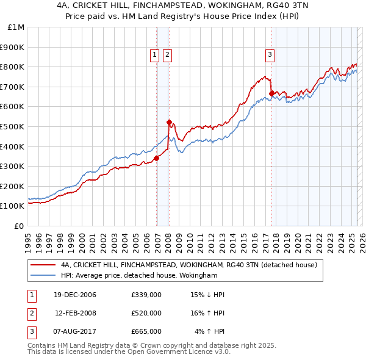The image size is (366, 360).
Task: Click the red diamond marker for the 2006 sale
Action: (157, 158)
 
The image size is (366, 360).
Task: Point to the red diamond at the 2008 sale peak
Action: (169, 122)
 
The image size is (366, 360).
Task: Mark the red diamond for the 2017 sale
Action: (271, 93)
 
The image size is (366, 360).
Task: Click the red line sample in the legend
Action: (43, 265)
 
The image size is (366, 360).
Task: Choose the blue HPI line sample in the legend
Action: (43, 276)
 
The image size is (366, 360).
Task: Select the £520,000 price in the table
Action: (146, 313)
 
